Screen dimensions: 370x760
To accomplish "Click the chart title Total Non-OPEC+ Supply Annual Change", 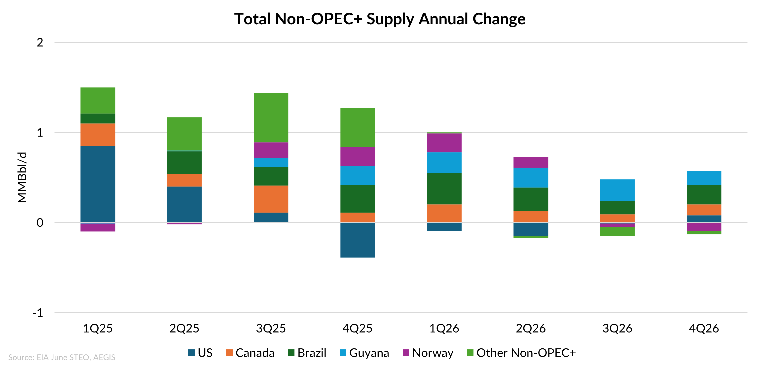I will (380, 19).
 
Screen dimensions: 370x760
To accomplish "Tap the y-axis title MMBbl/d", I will (22, 177).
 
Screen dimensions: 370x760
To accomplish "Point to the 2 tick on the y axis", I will (40, 42).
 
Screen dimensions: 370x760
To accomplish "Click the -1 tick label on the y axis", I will (38, 312).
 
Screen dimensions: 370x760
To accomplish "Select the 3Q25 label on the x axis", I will (271, 328).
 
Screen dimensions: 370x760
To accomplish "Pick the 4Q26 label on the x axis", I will (704, 328).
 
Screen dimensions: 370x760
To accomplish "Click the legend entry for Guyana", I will (364, 353).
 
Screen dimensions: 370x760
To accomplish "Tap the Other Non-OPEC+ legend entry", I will (521, 353).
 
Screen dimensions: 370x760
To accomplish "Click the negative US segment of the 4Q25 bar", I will (358, 240).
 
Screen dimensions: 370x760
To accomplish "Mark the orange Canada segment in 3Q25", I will (271, 199).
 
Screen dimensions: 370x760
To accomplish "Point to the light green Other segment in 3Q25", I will (271, 117).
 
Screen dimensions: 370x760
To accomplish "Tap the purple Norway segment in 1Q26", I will (444, 143).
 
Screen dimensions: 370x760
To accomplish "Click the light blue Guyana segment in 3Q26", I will (617, 190).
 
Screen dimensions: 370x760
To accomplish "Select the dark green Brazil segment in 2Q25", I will (184, 162).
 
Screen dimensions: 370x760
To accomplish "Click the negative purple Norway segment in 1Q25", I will (98, 227).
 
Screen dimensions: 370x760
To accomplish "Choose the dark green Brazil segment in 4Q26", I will (704, 194).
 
